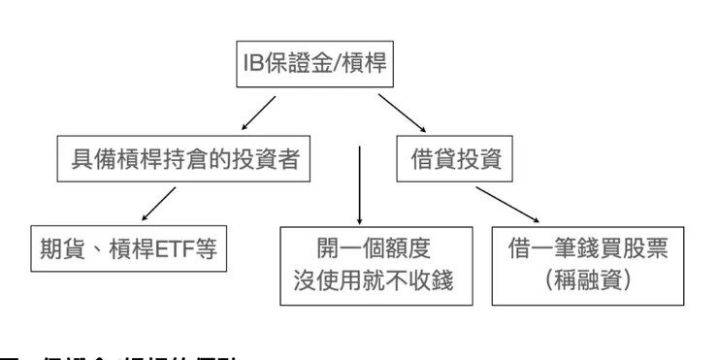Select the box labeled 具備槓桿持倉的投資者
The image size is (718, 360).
(x=185, y=161)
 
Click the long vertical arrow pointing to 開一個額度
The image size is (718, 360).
(x=360, y=184)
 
